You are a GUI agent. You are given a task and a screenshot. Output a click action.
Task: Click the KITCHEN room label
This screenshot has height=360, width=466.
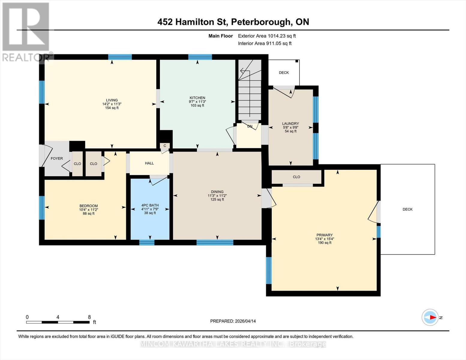pos(197,98)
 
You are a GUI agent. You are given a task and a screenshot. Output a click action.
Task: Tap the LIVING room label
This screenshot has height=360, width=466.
pos(112,100)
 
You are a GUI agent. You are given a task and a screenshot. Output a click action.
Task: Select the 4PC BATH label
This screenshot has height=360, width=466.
pos(150,205)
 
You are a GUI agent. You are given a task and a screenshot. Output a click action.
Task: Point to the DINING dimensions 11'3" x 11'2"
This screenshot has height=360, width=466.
pos(217,196)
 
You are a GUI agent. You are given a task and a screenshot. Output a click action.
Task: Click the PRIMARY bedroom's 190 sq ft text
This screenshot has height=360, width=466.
pos(324,243)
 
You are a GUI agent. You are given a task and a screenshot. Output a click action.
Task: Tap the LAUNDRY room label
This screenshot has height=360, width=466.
pos(290,124)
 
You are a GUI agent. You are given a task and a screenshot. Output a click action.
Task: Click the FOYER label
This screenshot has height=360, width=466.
pos(57,158)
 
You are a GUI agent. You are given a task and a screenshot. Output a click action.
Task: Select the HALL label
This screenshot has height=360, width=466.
pos(149,163)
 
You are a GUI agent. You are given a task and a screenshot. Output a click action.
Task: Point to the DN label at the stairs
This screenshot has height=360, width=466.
pos(250,126)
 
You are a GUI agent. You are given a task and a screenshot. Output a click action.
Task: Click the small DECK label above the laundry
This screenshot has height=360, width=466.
pos(284,73)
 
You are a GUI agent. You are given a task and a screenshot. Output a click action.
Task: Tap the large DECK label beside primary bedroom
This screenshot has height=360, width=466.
pos(407,209)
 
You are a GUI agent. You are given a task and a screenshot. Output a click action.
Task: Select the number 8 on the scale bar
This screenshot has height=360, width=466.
pos(89,317)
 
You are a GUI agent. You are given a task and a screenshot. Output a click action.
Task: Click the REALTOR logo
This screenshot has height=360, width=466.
pos(26,31)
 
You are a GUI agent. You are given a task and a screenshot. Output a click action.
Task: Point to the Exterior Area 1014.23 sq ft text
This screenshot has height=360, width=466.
pos(267,36)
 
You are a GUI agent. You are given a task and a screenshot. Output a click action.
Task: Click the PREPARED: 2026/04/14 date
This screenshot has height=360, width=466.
pos(233,321)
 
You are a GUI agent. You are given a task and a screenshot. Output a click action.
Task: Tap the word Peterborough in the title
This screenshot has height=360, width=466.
pos(261,22)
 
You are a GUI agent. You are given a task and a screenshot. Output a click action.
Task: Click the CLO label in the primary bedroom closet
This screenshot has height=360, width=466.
pos(296,177)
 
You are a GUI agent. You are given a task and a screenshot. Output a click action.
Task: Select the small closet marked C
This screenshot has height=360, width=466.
pos(165,146)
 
